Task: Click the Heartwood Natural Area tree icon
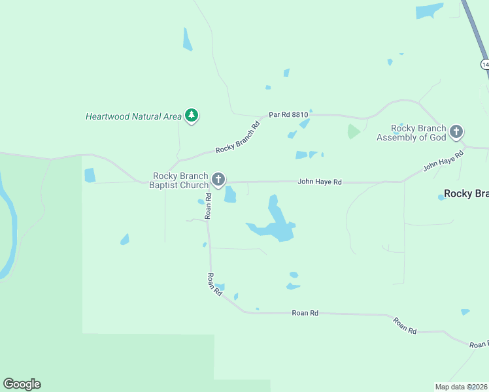coord(192,116)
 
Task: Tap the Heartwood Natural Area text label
coord(133,117)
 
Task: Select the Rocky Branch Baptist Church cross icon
coord(218,179)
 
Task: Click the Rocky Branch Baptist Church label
coord(180,181)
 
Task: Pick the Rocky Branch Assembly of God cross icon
coord(456,132)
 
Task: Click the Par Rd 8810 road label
coord(288,114)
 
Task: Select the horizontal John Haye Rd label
coord(320,182)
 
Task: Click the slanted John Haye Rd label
coord(443,161)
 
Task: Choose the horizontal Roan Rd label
coord(305,314)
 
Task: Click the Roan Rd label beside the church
coord(208,205)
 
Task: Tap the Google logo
coord(22,384)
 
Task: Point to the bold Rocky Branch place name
coord(466,193)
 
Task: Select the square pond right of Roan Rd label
coord(230,194)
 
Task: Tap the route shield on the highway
coord(484,64)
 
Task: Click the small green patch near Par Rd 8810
coord(353,131)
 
